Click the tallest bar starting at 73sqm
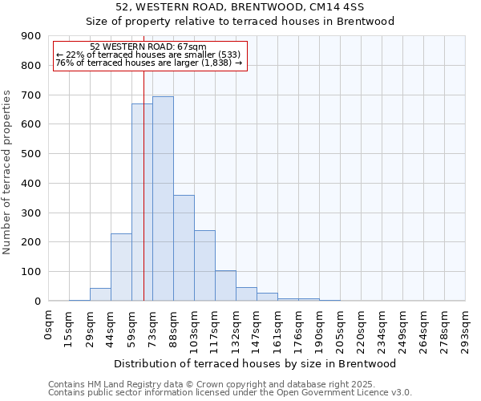tap(163, 198)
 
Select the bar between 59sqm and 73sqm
tap(142, 202)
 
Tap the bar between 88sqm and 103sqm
tap(184, 248)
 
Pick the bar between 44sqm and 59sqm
tap(121, 267)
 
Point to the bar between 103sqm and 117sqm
tap(204, 265)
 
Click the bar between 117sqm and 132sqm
tap(225, 286)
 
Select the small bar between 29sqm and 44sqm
tap(100, 294)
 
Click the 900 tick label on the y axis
tap(31, 36)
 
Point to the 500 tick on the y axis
tap(31, 154)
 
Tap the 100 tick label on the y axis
tap(31, 272)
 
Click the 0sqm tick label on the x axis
tap(49, 323)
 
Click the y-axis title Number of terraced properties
tap(7, 172)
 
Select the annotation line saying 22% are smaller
tap(148, 55)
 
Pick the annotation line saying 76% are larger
tap(148, 63)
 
